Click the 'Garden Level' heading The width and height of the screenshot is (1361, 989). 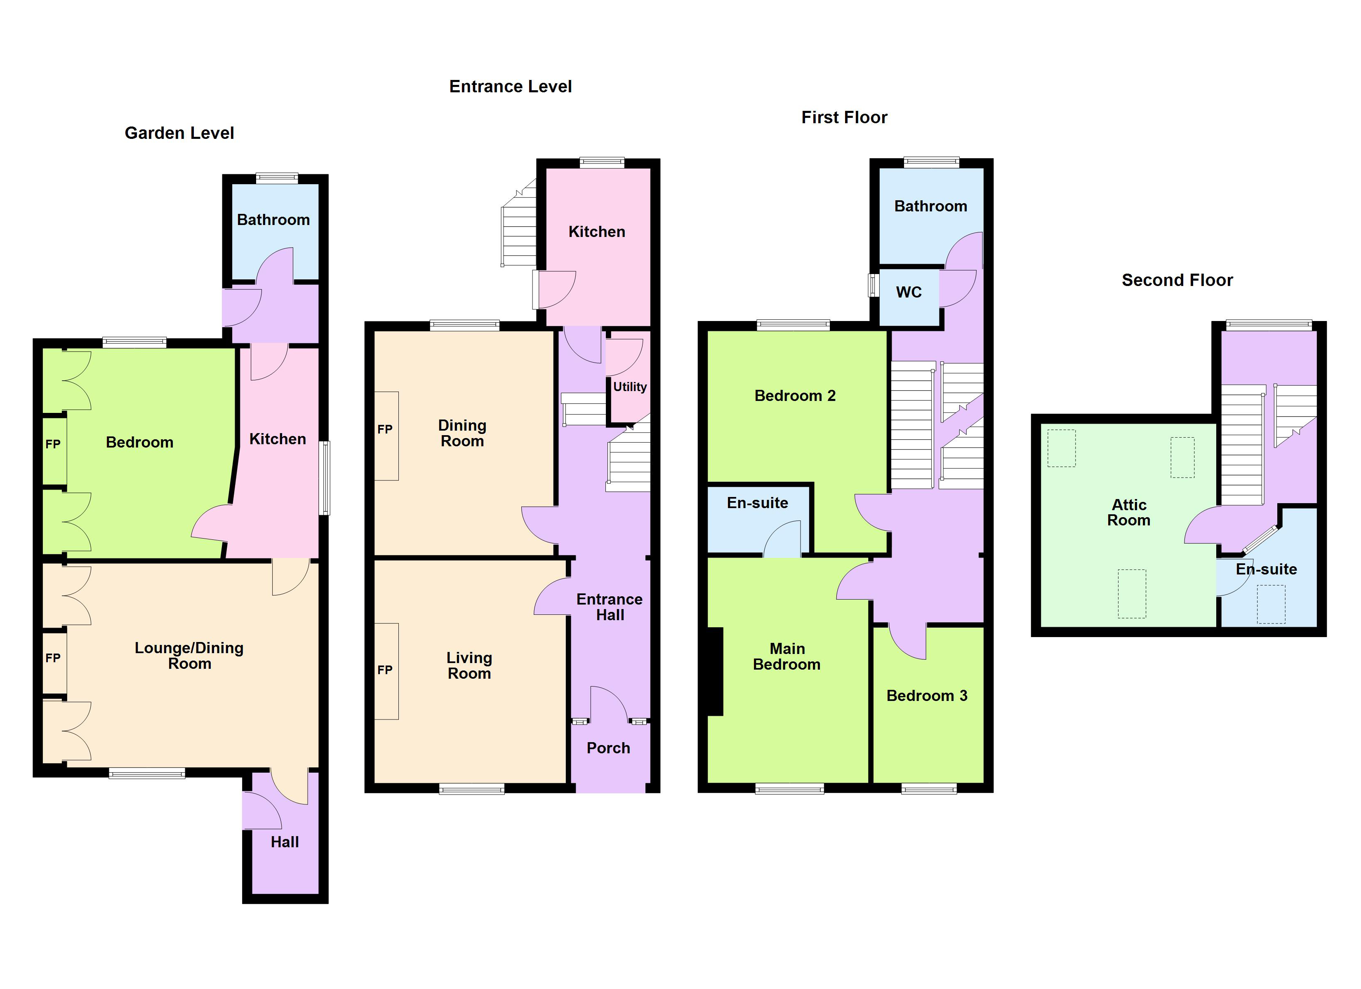[x=179, y=133]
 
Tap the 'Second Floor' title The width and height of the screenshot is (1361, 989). [x=1177, y=280]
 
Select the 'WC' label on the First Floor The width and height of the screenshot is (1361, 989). [x=909, y=293]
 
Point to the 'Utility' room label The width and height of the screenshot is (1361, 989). [x=629, y=387]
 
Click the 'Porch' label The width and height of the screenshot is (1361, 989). [x=608, y=748]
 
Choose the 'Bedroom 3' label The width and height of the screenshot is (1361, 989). [x=927, y=696]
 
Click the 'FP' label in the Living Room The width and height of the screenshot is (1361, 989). [x=385, y=670]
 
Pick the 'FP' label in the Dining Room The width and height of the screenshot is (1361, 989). [x=385, y=429]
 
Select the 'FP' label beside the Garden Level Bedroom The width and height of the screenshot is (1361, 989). [x=53, y=444]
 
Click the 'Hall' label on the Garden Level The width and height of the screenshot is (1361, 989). [x=285, y=842]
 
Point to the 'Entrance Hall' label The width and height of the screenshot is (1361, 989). [x=609, y=607]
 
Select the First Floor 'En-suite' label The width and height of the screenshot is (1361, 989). [x=757, y=503]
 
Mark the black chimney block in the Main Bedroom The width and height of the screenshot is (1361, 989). [x=715, y=671]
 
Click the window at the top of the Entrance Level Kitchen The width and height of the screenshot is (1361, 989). [x=602, y=162]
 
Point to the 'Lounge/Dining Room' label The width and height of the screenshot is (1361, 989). [x=189, y=656]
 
